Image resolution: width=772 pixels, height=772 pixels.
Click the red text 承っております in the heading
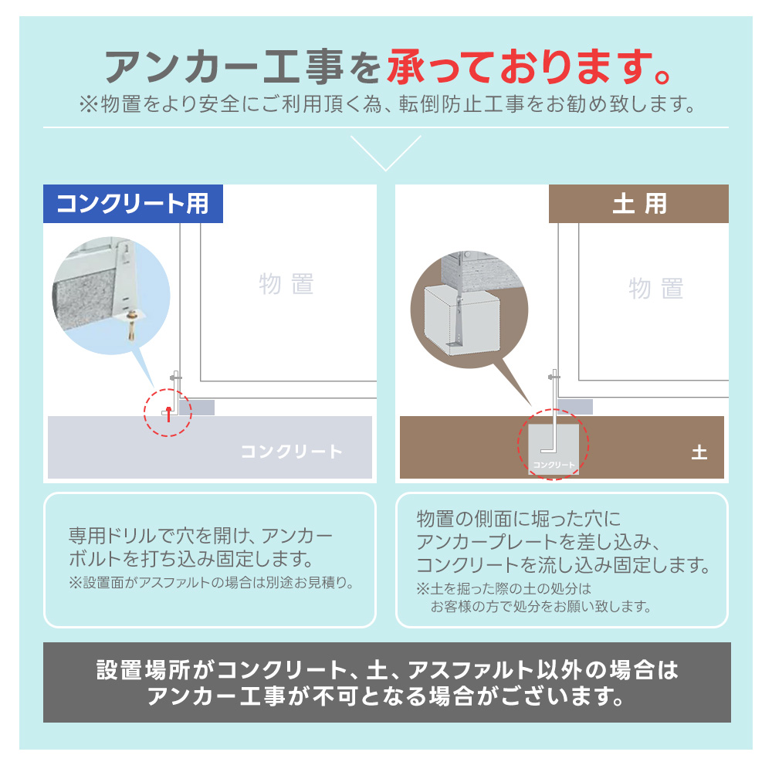tap(530, 66)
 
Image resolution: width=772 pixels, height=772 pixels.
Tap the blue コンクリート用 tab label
tap(133, 204)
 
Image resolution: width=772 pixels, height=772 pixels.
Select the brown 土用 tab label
tap(639, 204)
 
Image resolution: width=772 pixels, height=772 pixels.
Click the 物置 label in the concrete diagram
tap(286, 284)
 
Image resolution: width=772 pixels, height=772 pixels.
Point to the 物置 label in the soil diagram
tap(655, 288)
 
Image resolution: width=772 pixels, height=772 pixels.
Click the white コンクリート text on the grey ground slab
tap(292, 452)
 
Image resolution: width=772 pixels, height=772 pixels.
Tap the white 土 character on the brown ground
tap(699, 452)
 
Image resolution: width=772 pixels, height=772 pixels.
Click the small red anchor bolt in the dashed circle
tap(168, 414)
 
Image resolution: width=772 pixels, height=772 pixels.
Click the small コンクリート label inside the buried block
tap(554, 465)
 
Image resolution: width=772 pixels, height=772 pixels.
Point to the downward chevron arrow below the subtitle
tap(386, 153)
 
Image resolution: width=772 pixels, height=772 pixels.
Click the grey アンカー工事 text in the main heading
tap(224, 66)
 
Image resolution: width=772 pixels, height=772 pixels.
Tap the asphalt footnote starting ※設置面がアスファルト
tap(212, 583)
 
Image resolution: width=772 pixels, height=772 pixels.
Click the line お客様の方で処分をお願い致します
tap(540, 607)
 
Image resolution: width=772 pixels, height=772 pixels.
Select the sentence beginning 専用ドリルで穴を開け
tap(201, 547)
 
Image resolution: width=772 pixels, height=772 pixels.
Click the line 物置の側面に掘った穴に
tap(519, 519)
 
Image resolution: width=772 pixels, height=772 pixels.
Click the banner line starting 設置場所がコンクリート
tap(387, 670)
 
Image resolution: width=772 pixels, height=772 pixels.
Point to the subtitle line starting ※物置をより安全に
tap(387, 104)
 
